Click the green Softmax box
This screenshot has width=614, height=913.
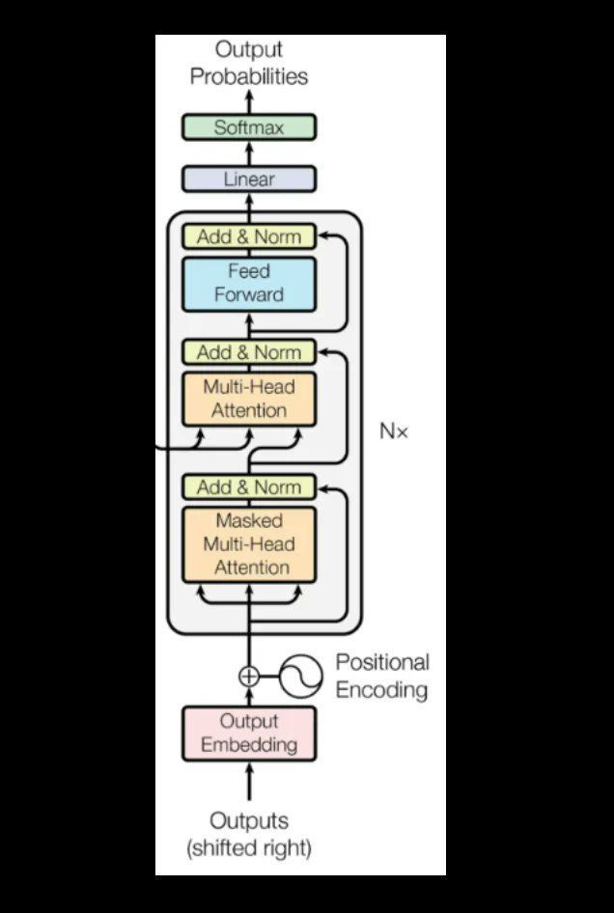click(x=249, y=126)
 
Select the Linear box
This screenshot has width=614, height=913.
click(x=249, y=179)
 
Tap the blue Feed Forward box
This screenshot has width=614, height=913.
click(x=249, y=283)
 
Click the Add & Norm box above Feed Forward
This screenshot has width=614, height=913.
click(x=249, y=236)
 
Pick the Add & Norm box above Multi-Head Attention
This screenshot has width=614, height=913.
click(x=249, y=352)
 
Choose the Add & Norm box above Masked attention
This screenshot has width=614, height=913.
click(x=249, y=487)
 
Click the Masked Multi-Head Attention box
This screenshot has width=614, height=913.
click(x=249, y=544)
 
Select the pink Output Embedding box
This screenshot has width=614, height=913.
click(x=249, y=733)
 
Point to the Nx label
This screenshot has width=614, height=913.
click(x=393, y=431)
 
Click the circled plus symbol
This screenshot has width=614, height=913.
click(x=249, y=677)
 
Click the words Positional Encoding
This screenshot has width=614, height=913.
click(x=382, y=676)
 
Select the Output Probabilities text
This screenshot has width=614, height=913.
click(x=249, y=63)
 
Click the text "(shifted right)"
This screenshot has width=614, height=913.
click(x=249, y=849)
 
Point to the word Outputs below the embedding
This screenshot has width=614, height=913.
click(x=249, y=821)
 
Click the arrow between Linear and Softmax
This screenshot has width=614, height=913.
click(x=249, y=152)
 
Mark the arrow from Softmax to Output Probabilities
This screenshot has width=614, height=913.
click(x=249, y=101)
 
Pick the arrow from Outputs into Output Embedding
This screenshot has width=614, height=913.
click(x=249, y=781)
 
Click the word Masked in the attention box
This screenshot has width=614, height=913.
click(x=249, y=521)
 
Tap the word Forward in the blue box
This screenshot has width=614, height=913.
click(x=249, y=294)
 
